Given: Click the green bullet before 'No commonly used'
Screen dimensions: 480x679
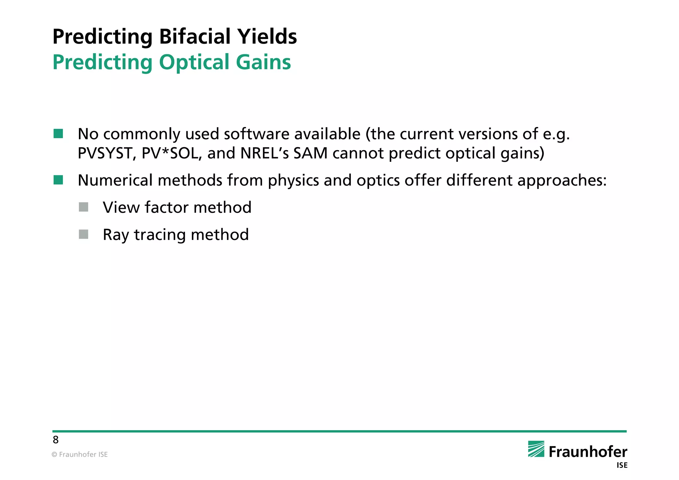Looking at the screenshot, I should (58, 134).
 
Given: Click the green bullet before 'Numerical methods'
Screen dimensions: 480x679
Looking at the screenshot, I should (58, 180).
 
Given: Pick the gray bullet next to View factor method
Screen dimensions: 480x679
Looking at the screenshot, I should (84, 207).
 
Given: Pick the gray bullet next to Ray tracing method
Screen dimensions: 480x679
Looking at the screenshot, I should (84, 234).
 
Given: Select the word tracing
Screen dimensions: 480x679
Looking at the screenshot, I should (160, 235).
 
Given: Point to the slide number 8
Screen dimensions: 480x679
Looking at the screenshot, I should (56, 440).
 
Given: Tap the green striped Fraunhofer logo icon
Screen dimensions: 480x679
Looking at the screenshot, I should (536, 449).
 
